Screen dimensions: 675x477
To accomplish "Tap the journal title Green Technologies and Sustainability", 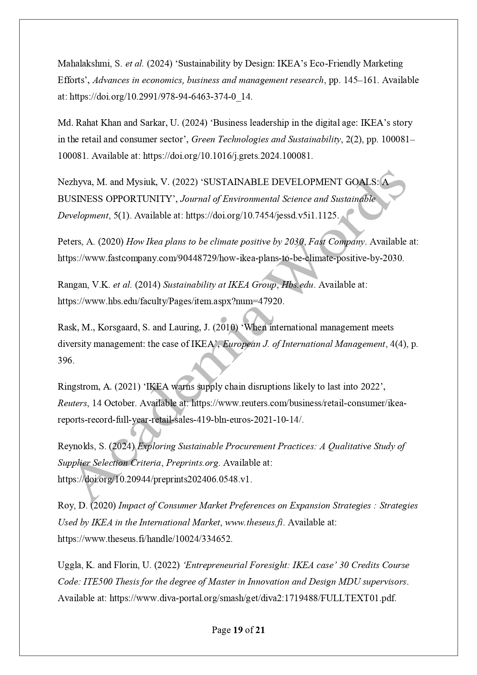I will tap(266, 139).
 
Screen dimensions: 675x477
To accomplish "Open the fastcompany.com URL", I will tap(230, 258).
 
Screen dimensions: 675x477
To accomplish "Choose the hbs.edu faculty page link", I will tap(171, 301).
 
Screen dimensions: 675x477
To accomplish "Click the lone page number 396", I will tap(65, 361).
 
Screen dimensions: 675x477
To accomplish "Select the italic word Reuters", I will tap(72, 403).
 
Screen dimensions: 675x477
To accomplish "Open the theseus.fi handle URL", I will tap(145, 539).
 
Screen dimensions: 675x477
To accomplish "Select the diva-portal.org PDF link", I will tap(253, 598).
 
